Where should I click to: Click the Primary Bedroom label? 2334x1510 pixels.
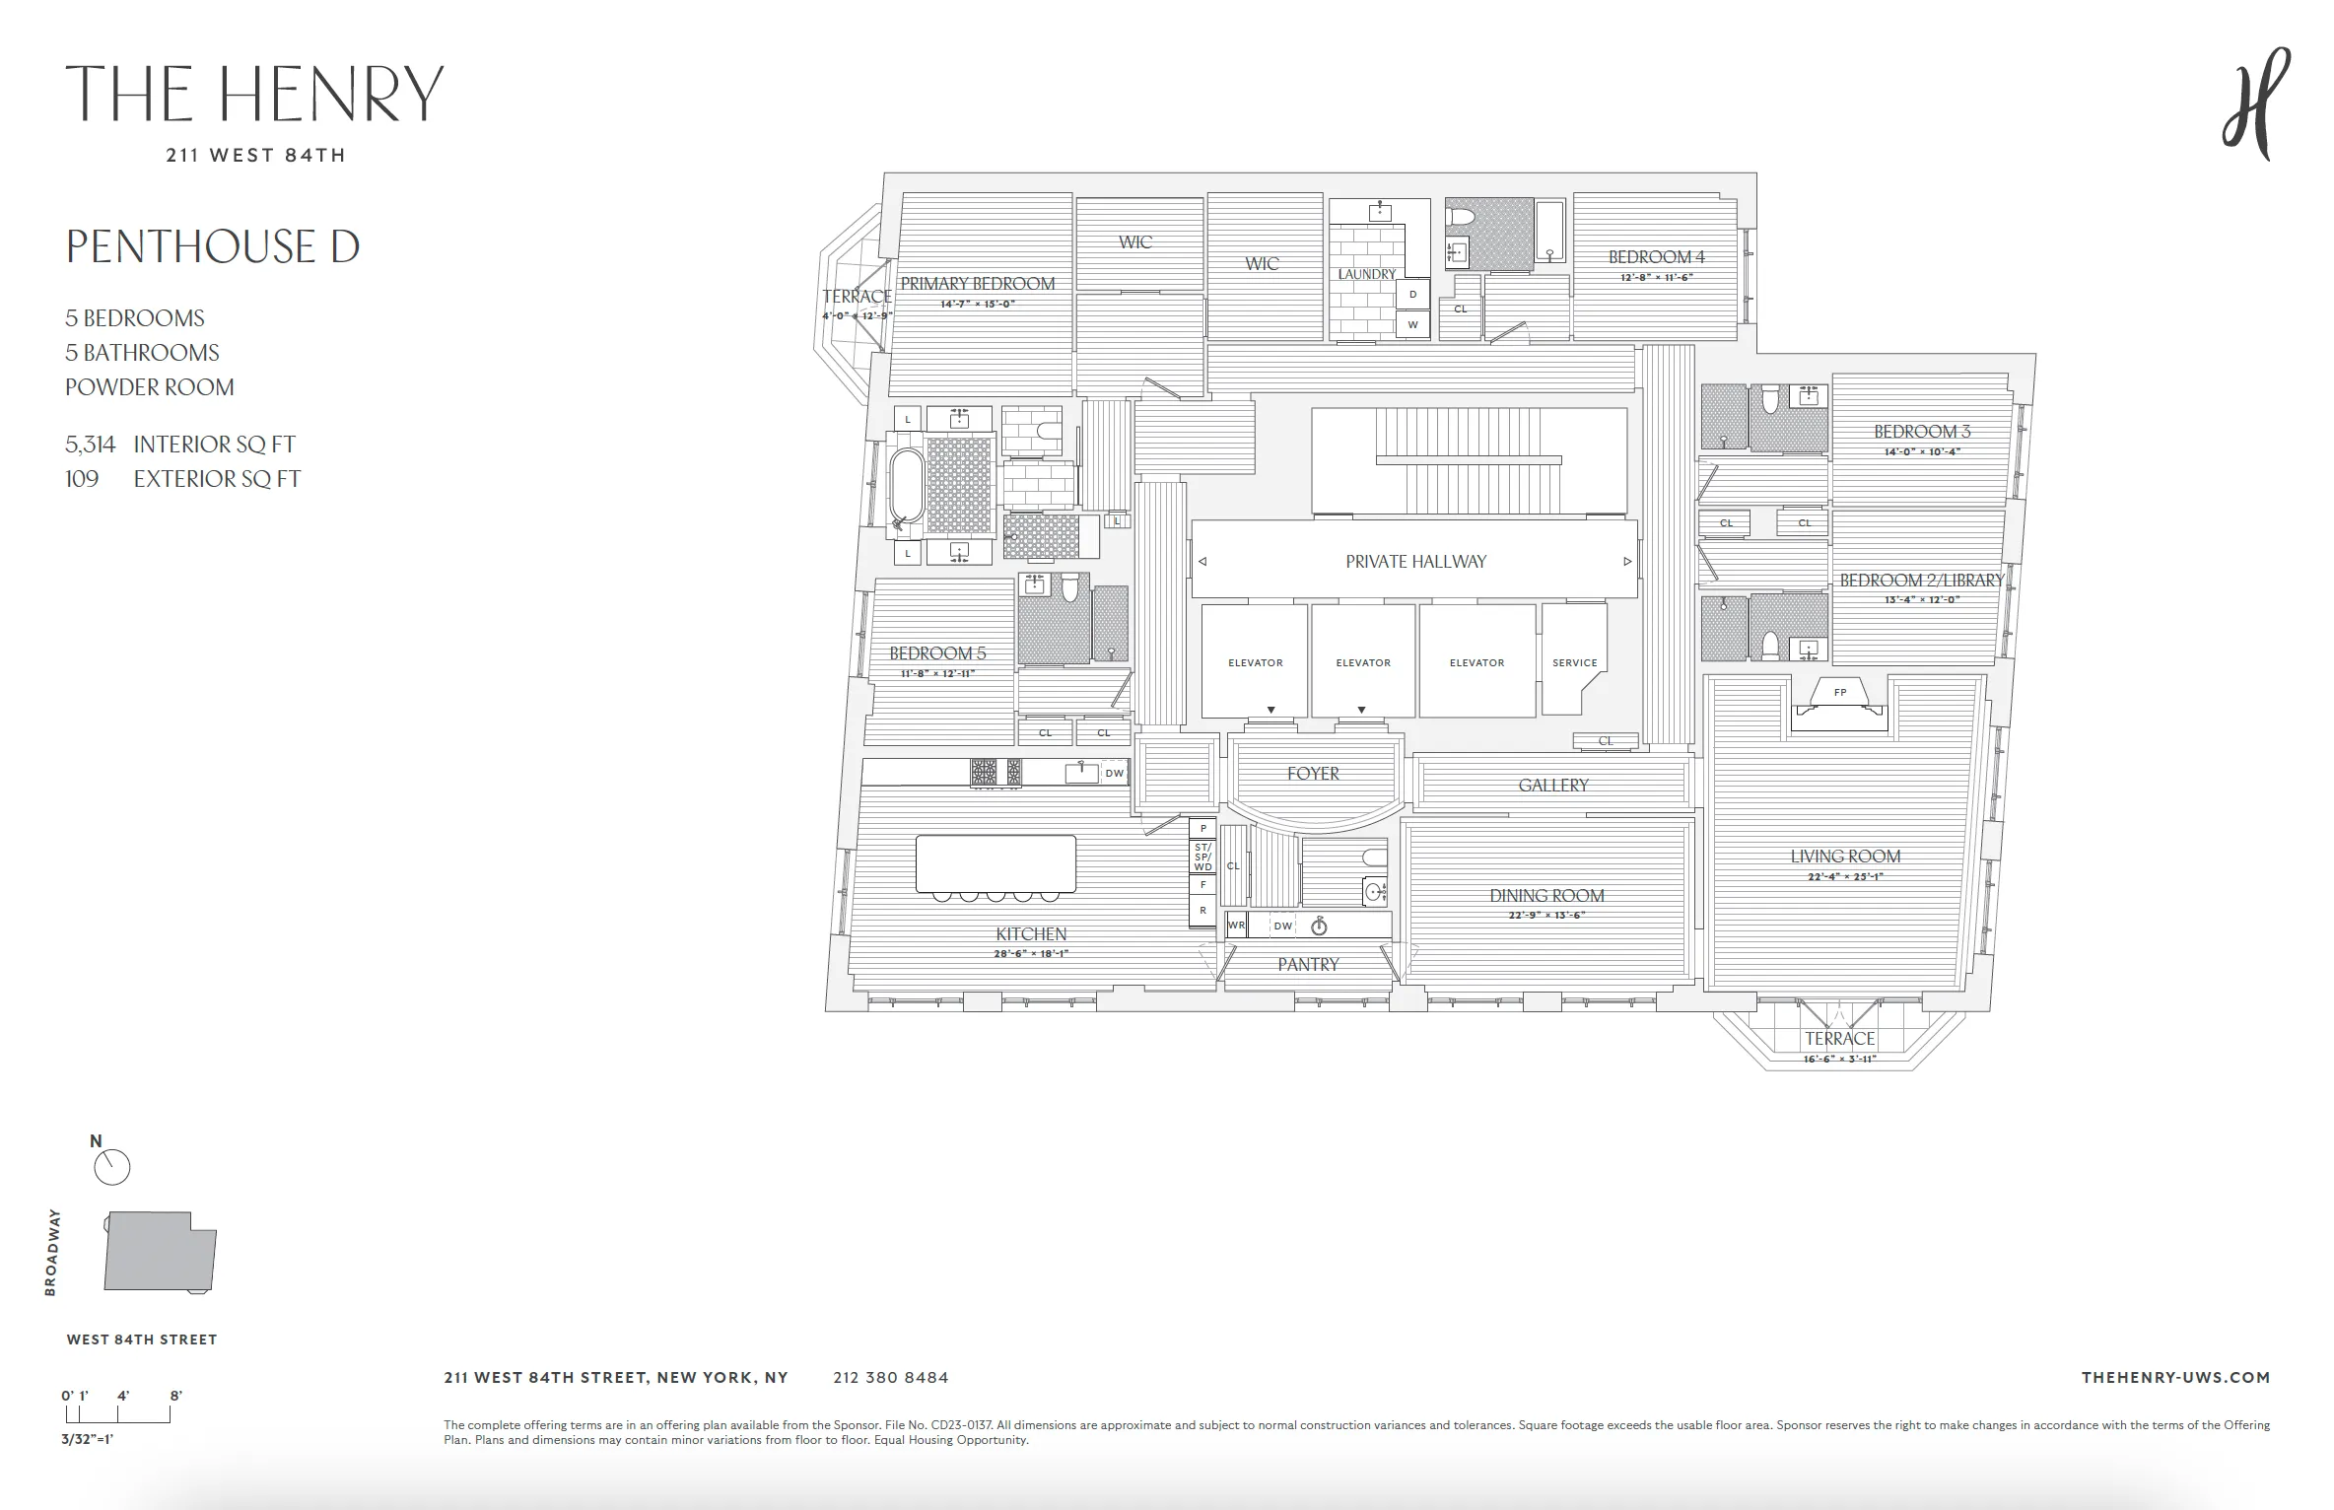pos(977,284)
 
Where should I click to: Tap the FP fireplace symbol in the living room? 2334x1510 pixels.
pos(1839,693)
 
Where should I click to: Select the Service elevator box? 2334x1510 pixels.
pos(1574,661)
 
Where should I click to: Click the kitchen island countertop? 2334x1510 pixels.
pos(995,863)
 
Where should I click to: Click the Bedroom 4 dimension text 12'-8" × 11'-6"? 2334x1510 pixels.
pos(1656,278)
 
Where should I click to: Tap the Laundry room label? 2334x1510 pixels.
pos(1366,274)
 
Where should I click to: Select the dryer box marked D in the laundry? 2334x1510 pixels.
pos(1412,295)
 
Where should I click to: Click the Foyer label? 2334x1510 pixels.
pos(1313,774)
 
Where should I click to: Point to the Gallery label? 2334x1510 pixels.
pos(1553,786)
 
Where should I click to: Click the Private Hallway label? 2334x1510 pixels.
pos(1415,562)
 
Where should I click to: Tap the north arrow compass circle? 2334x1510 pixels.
pos(111,1168)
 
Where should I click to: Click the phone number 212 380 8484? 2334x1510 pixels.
pos(890,1378)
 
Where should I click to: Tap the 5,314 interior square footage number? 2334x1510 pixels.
pos(90,445)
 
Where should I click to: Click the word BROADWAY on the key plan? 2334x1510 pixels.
pos(53,1252)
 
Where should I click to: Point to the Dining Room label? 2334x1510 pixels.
pos(1546,896)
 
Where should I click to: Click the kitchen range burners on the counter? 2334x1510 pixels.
pos(995,772)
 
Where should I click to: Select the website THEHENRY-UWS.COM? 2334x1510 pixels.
pos(2175,1378)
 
